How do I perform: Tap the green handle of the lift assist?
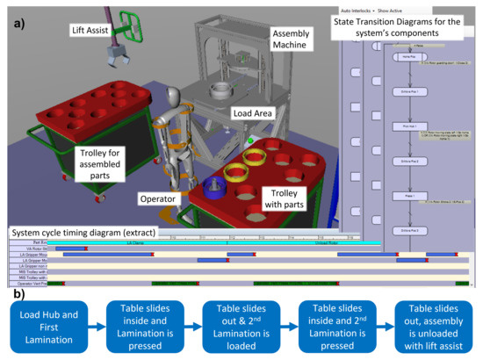click(x=132, y=25)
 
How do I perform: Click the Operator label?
click(x=157, y=198)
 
